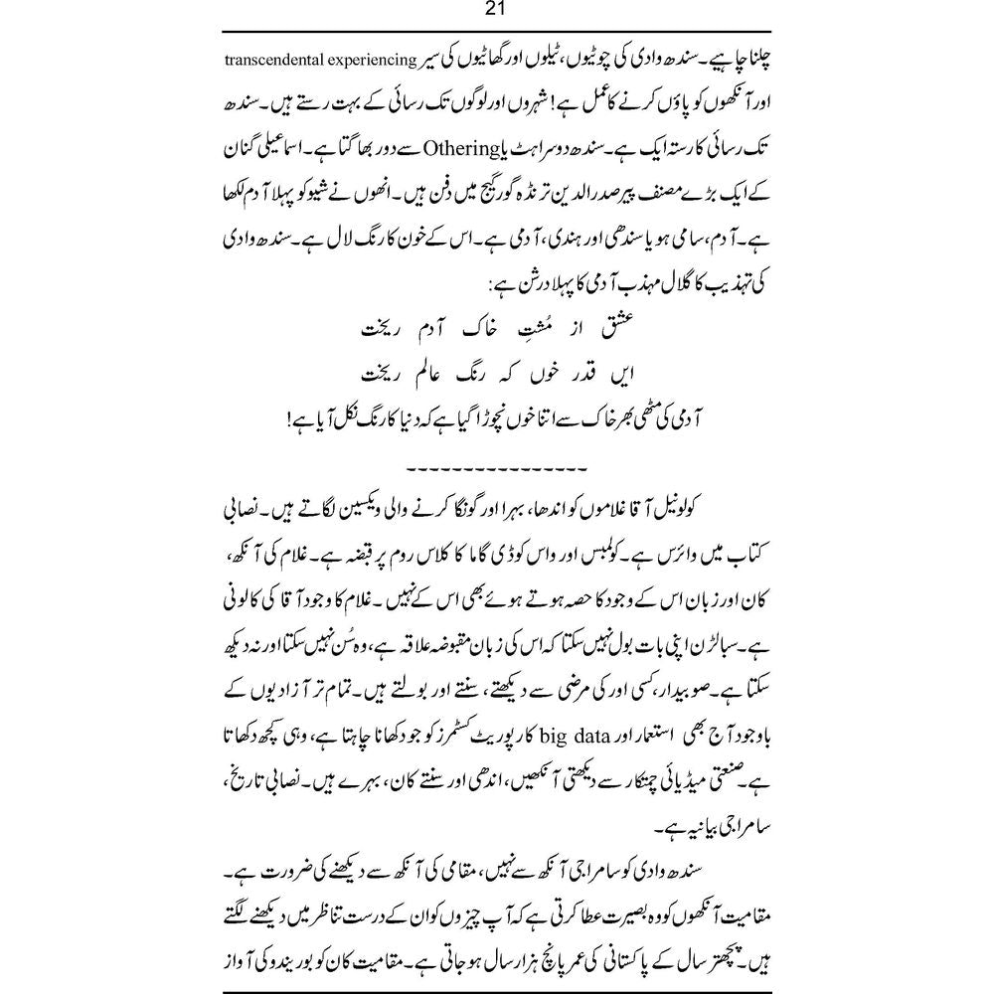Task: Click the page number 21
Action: pos(496,11)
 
